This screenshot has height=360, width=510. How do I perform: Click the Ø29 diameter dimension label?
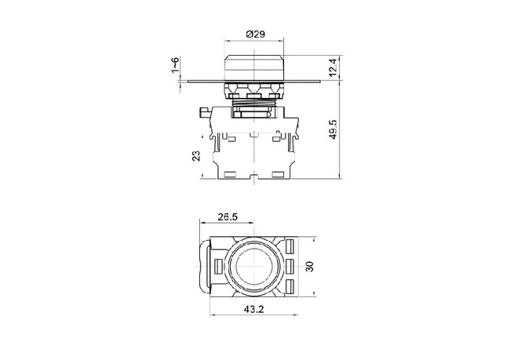click(255, 34)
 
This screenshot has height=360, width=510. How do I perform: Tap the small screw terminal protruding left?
click(202, 113)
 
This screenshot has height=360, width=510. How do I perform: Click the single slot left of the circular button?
click(217, 267)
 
